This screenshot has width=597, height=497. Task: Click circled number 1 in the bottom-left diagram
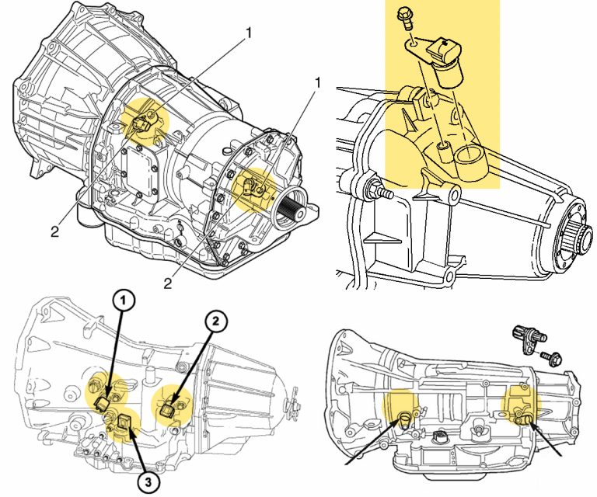(x=124, y=300)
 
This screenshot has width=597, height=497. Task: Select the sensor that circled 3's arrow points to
(x=124, y=422)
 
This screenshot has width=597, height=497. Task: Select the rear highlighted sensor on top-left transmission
(x=253, y=186)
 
